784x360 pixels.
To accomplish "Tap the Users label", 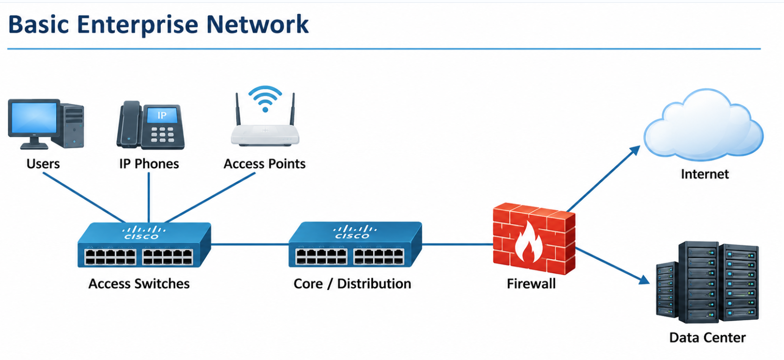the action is point(43,164).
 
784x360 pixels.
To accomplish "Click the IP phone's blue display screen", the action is point(162,115).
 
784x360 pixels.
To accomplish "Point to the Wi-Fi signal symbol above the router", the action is point(265,98).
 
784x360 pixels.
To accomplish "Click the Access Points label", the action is point(264,164).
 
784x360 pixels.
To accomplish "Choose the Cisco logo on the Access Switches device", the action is point(144,233).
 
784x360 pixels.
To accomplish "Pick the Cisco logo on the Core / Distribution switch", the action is point(355,232).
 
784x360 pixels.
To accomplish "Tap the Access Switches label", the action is point(139,284).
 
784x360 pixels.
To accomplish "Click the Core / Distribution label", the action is point(352,284).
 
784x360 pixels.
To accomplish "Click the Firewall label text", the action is point(531,284).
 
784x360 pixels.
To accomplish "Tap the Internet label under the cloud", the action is point(705,174).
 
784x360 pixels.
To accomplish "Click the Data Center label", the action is point(707,338).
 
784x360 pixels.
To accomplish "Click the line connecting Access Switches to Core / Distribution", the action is point(250,244).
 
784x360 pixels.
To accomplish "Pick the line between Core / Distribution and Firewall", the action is point(457,244).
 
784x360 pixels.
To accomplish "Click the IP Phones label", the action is point(149,164).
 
